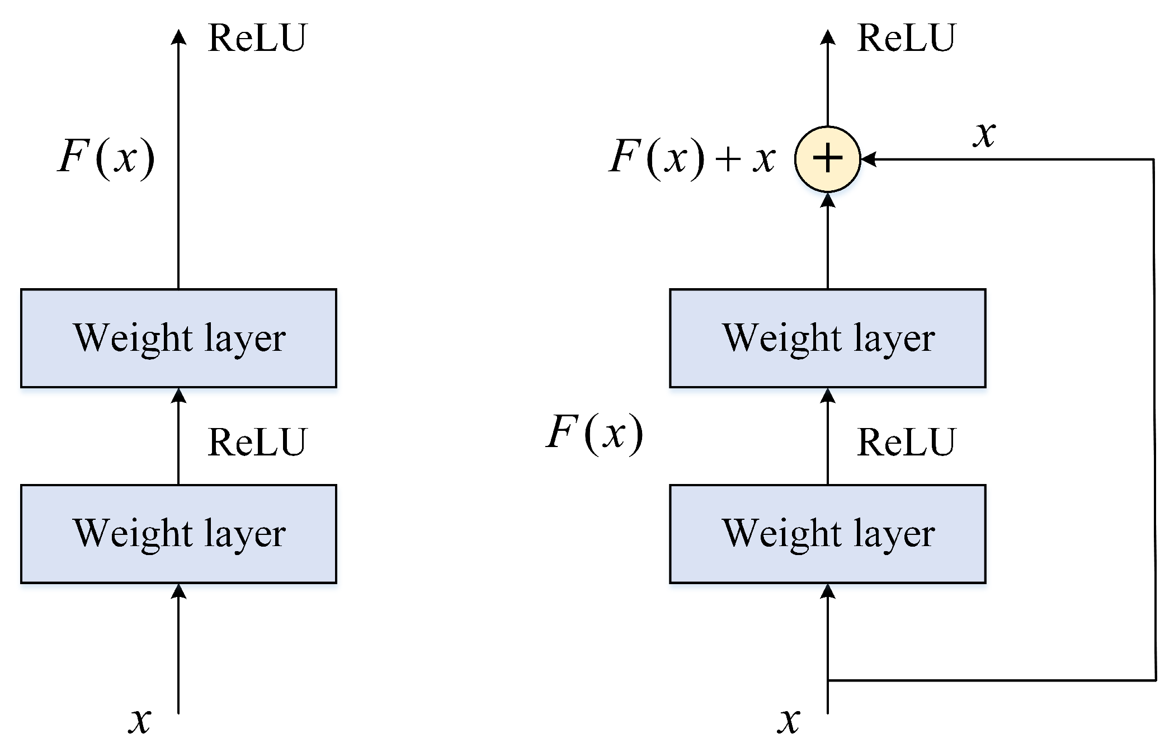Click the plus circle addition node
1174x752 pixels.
(x=827, y=159)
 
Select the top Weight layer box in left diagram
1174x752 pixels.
(x=178, y=338)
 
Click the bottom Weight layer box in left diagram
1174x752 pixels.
(x=178, y=534)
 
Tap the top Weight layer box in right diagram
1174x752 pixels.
(x=827, y=338)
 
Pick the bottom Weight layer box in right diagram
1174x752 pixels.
(x=827, y=534)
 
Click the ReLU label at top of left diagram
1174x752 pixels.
(x=257, y=38)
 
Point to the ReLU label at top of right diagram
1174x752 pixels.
(x=906, y=38)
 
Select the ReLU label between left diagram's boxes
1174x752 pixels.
(x=257, y=442)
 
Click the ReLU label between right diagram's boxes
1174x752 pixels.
(x=906, y=442)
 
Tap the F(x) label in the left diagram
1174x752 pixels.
(x=106, y=158)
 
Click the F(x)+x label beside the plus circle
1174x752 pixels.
(x=692, y=158)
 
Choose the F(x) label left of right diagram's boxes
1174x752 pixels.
(x=595, y=434)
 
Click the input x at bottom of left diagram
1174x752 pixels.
(x=140, y=720)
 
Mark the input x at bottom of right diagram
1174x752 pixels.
(x=789, y=720)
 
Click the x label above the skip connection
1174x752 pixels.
(x=984, y=134)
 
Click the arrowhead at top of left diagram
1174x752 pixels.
(x=178, y=37)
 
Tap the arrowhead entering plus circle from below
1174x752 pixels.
(x=827, y=200)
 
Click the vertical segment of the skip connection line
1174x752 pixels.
(x=1154, y=420)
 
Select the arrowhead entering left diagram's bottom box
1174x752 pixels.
(x=178, y=591)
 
